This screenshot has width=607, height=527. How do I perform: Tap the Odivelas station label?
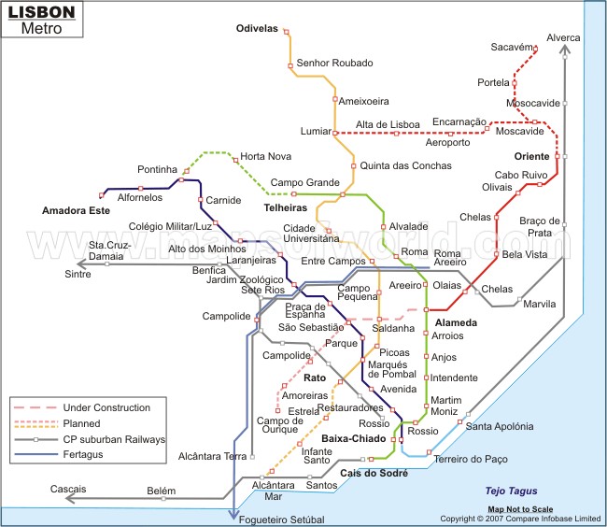(257, 29)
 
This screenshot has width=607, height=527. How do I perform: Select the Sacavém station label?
(511, 47)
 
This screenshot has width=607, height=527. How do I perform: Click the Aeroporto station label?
(447, 143)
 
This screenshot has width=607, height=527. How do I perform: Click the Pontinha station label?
(157, 169)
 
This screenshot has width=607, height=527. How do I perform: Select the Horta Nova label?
(265, 156)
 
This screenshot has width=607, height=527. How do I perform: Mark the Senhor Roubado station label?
(334, 64)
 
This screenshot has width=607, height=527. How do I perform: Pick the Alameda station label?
(456, 322)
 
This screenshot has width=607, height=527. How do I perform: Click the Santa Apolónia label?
(500, 426)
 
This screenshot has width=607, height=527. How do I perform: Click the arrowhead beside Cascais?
(69, 500)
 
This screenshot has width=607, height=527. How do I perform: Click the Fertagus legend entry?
(84, 454)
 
